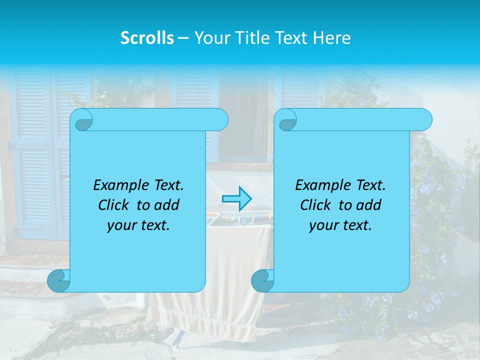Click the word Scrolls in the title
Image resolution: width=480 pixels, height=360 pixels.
click(147, 38)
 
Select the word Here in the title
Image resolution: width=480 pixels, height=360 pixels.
click(331, 38)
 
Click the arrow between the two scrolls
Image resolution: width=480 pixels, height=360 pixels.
click(236, 199)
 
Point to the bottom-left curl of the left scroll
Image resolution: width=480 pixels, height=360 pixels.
click(59, 281)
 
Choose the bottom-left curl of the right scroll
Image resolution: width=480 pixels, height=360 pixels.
click(262, 281)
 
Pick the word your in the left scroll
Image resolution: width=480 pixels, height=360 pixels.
click(120, 225)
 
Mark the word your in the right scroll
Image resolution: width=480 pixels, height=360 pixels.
click(322, 225)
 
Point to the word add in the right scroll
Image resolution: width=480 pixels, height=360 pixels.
click(370, 205)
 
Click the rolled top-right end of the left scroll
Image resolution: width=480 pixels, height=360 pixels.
click(218, 120)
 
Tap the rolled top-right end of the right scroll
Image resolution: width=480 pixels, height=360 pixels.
click(422, 120)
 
